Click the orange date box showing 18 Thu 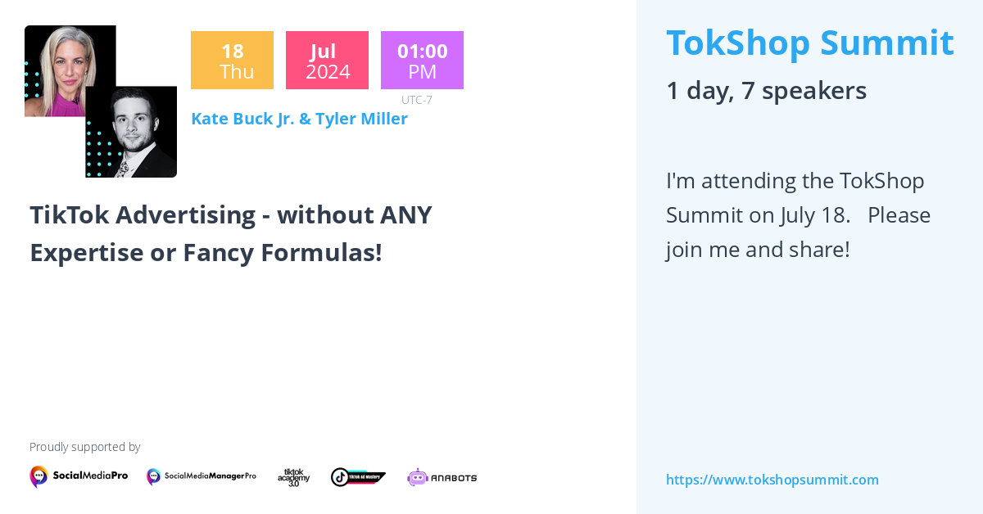[x=232, y=60]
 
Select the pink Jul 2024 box [x=327, y=60]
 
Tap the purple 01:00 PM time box [x=422, y=60]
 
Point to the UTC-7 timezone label [x=417, y=100]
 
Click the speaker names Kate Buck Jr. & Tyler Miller [x=299, y=119]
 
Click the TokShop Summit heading [x=809, y=43]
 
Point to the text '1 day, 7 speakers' [x=766, y=90]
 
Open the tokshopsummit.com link [x=772, y=480]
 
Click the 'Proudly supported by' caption [x=84, y=447]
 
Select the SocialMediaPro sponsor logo [x=79, y=476]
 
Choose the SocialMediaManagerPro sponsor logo [x=202, y=476]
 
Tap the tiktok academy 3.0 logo [x=293, y=477]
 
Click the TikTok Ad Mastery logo [x=358, y=476]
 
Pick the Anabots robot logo [x=442, y=477]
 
